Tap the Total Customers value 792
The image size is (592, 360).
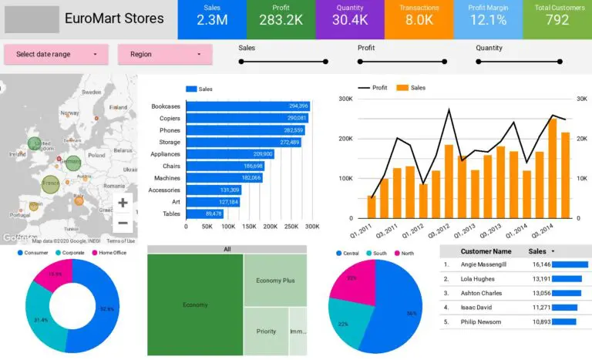point(557,20)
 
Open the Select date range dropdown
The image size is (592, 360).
point(56,54)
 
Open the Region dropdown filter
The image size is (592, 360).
point(164,54)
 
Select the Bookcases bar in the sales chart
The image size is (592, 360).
point(247,106)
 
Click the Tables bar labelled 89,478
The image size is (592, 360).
point(204,214)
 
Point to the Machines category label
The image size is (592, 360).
point(166,178)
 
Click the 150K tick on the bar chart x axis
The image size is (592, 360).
point(249,227)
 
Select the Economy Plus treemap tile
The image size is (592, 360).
point(275,281)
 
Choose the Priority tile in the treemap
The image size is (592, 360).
point(266,331)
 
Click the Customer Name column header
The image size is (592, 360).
point(486,251)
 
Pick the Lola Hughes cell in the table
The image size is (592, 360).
point(479,279)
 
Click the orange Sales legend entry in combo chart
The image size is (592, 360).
point(412,88)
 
